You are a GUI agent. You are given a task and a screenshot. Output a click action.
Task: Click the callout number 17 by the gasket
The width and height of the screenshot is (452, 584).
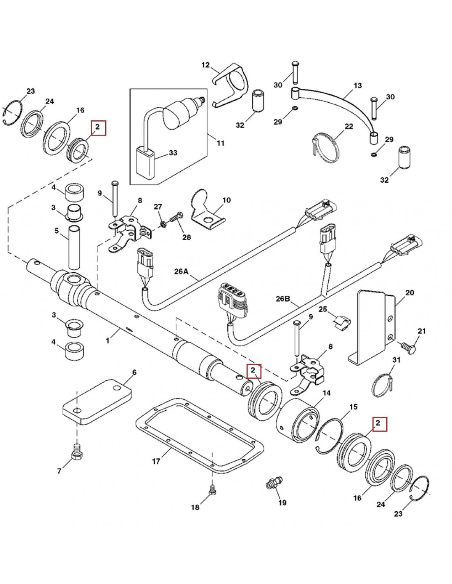tap(156, 462)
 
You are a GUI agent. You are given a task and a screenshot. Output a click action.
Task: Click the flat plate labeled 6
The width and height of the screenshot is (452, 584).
tap(97, 401)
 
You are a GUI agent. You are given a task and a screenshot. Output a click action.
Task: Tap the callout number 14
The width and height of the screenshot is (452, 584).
tap(327, 393)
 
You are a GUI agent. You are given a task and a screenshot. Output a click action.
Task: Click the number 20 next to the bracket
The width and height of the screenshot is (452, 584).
tap(409, 292)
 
